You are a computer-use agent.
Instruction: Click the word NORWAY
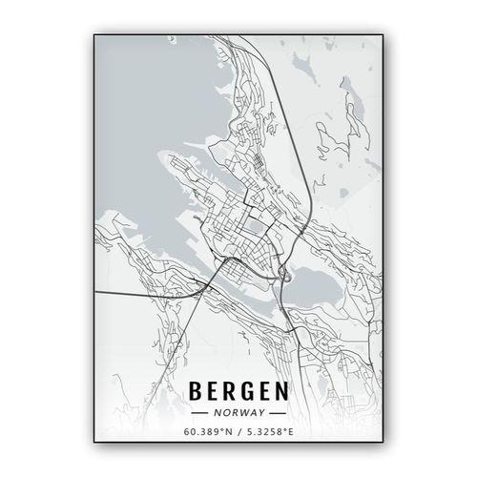[238, 414]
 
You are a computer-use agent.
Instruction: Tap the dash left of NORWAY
[201, 414]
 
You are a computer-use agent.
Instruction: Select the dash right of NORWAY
[276, 414]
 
